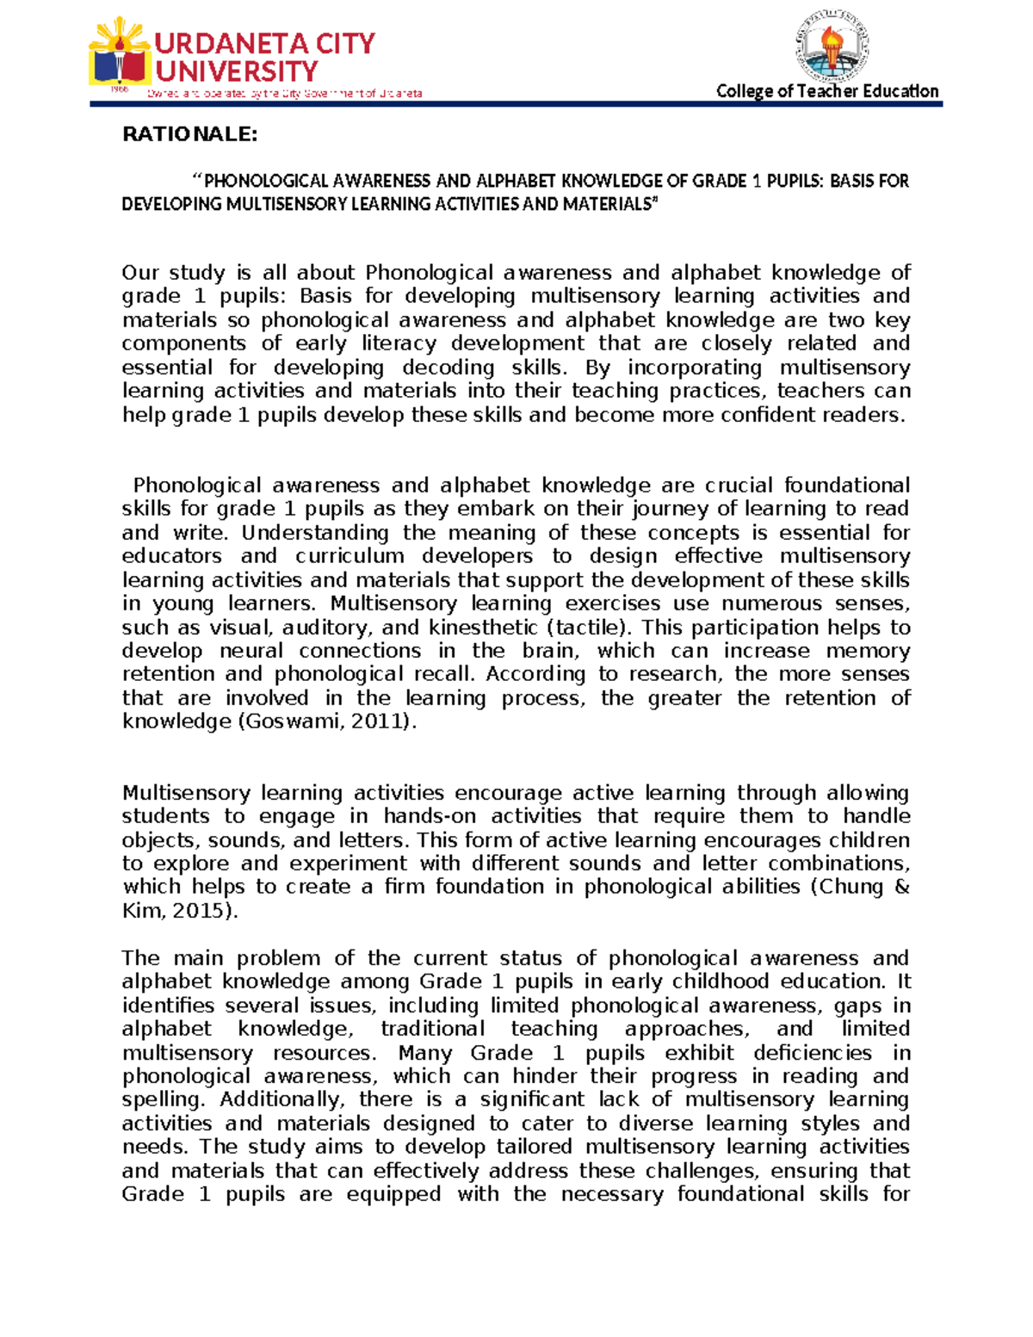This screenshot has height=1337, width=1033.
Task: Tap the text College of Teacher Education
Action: click(x=827, y=91)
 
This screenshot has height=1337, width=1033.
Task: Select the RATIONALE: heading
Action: click(x=189, y=134)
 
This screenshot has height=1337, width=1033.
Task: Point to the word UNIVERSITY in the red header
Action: click(x=237, y=71)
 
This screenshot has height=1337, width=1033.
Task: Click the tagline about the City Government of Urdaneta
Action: click(x=284, y=94)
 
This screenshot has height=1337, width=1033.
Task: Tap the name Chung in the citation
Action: click(x=852, y=887)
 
